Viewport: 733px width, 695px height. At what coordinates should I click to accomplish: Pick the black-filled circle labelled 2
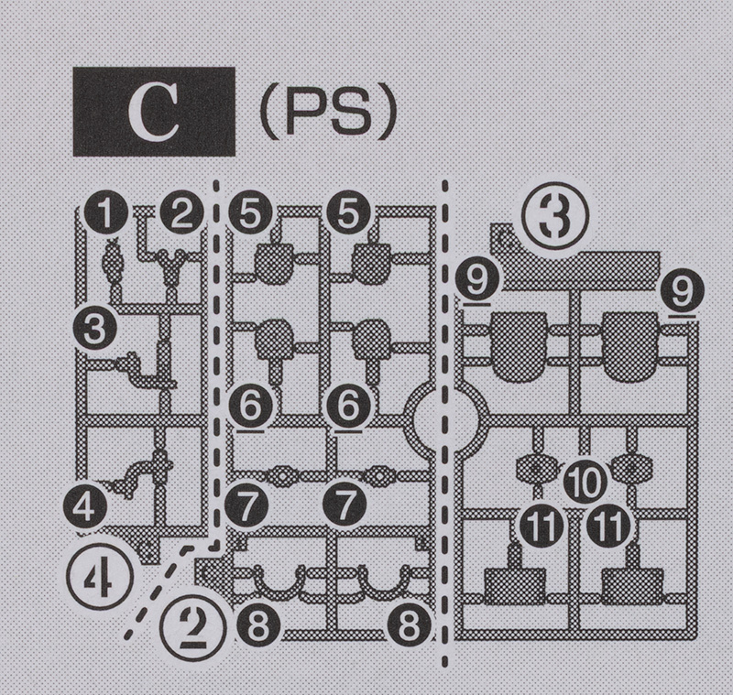(181, 214)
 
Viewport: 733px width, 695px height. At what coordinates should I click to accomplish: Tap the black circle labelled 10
(579, 480)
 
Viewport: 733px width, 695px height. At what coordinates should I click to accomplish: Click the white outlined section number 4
(98, 577)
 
